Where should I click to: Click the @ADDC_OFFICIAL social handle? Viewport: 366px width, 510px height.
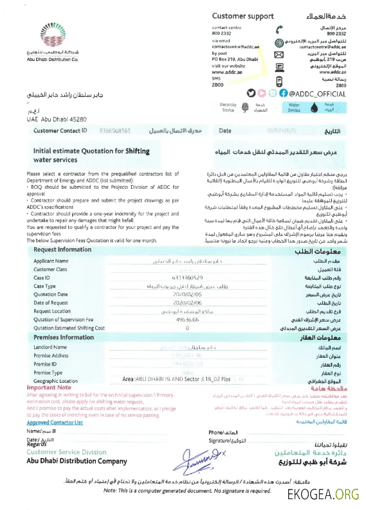coord(319,94)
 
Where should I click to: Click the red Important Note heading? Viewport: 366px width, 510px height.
coord(49,388)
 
